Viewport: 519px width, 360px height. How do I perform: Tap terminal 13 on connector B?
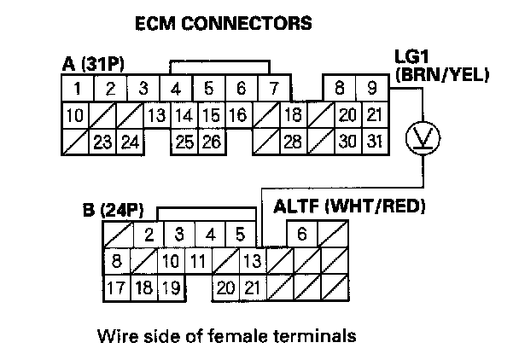[x=252, y=260]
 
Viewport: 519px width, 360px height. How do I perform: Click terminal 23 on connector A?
[x=102, y=142]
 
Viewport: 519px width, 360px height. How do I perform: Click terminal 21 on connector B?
[x=252, y=287]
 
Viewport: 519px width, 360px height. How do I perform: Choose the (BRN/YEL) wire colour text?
[x=440, y=76]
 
